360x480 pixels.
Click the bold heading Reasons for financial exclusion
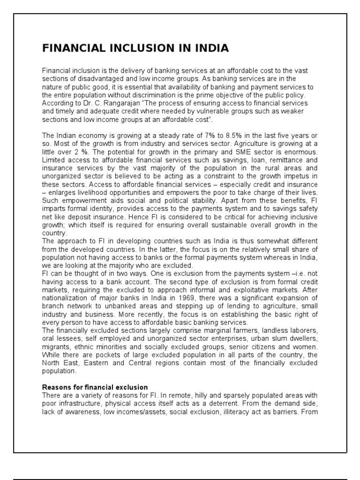click(95, 387)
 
